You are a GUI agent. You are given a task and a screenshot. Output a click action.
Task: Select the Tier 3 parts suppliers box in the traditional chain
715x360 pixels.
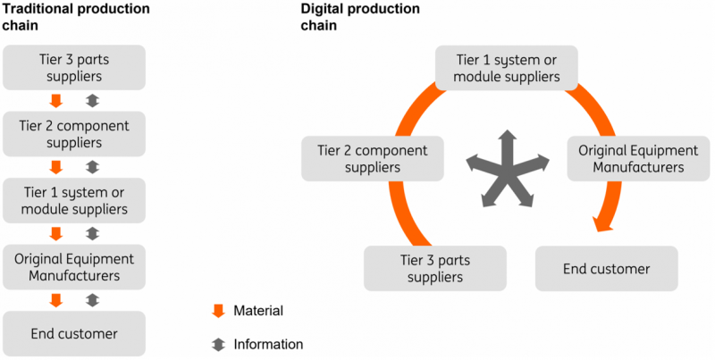tap(74, 67)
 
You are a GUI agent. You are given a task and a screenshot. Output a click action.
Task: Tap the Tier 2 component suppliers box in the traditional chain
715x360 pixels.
tap(74, 134)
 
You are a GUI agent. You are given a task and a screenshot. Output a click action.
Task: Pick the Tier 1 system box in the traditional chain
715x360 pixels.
tap(74, 201)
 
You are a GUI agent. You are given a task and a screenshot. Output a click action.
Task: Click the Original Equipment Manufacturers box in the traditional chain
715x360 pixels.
tap(74, 267)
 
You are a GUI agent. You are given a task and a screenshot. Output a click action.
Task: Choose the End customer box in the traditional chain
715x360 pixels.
tap(74, 333)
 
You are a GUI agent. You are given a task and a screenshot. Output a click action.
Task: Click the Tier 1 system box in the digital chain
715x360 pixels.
tap(507, 68)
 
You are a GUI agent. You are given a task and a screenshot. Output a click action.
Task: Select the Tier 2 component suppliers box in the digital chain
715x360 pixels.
tap(373, 158)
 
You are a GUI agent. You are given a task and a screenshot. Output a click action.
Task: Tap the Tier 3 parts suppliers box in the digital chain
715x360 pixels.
tap(435, 268)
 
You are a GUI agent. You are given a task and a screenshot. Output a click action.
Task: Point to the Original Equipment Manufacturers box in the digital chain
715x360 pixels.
tap(631, 158)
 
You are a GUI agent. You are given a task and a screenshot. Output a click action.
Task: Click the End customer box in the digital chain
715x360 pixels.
tap(606, 268)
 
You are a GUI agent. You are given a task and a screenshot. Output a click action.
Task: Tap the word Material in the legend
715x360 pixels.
tap(258, 311)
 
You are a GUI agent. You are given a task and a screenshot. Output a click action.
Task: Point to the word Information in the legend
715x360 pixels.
tap(268, 344)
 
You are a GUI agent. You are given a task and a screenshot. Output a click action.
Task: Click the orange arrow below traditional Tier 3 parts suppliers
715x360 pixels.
tap(56, 100)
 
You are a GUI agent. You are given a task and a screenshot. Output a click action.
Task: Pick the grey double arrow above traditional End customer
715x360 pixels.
tap(92, 300)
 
